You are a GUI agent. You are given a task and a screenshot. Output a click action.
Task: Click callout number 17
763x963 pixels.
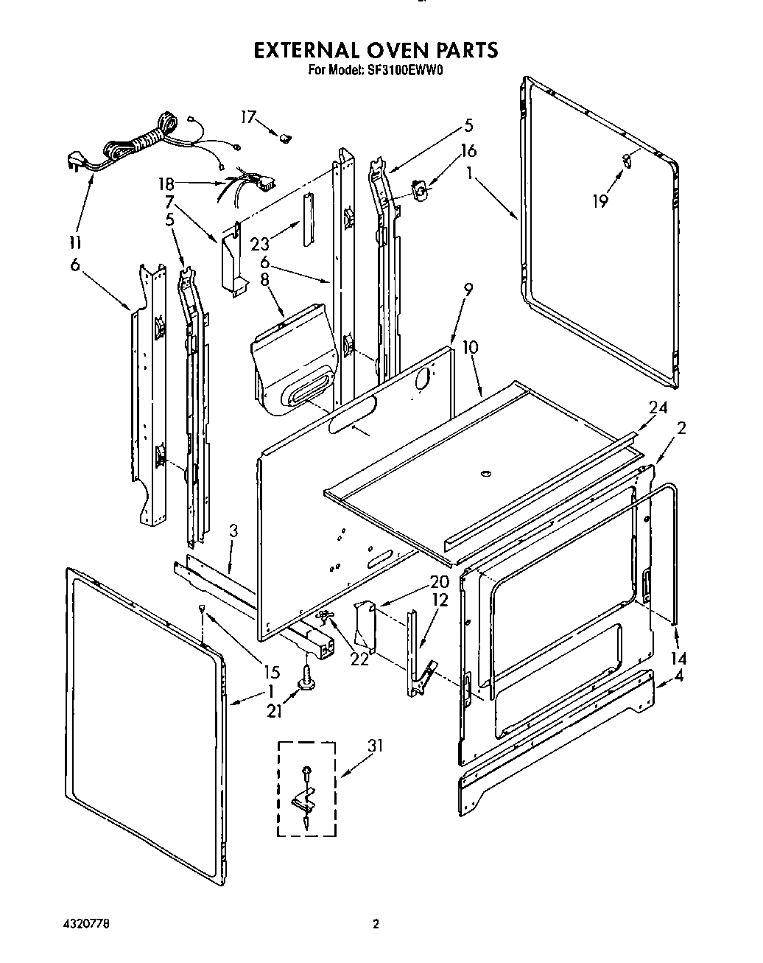tap(247, 117)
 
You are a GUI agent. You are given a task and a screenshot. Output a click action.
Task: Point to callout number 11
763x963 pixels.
tap(75, 242)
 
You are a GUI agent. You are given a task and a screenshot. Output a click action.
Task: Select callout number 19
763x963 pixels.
tap(601, 200)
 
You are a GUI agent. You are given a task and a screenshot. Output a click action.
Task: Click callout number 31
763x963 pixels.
tap(376, 747)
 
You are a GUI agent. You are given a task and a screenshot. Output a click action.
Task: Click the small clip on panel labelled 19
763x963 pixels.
tap(627, 159)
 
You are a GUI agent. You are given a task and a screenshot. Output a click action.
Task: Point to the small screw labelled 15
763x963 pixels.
tap(200, 608)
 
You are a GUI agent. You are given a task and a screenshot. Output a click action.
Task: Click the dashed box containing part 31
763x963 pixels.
tap(306, 788)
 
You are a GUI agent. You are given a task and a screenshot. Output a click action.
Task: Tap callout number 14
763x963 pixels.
tap(679, 659)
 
